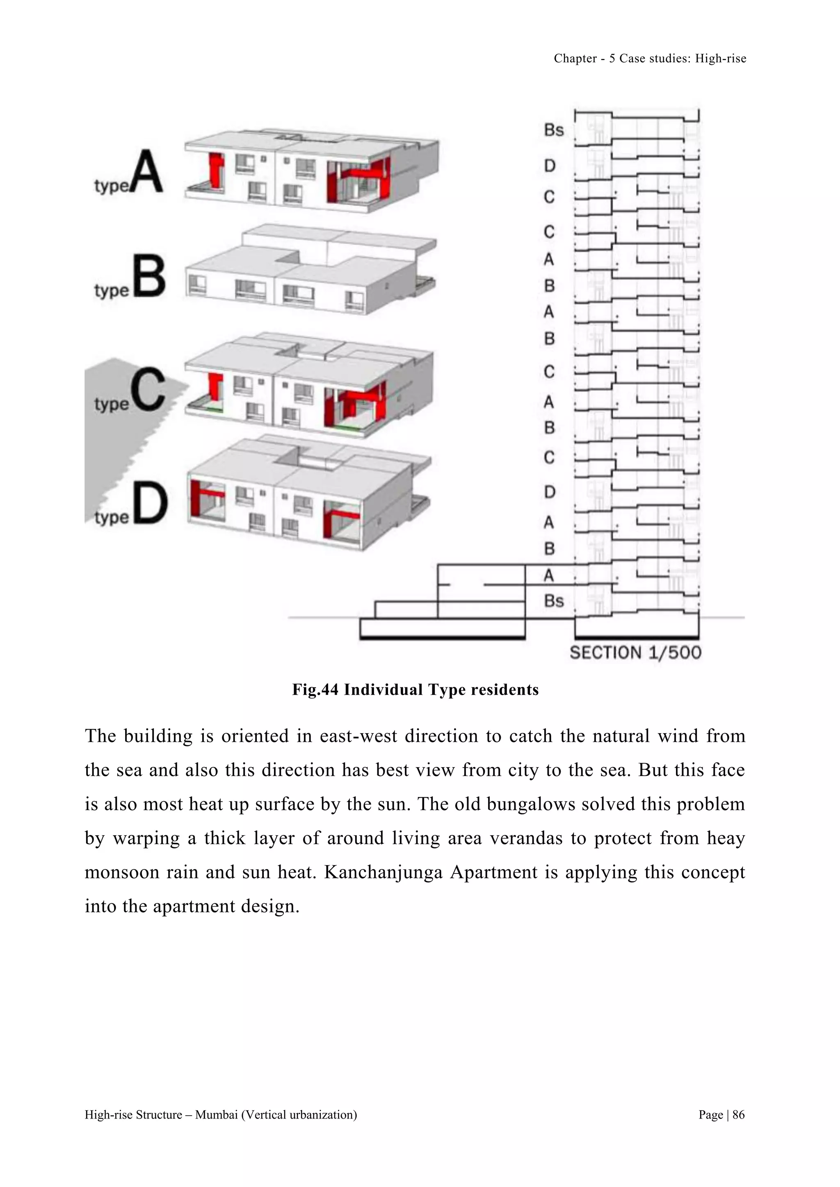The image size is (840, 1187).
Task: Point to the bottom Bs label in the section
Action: coord(553,601)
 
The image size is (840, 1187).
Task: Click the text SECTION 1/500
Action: coord(635,653)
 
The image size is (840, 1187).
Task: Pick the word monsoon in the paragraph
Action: coord(121,872)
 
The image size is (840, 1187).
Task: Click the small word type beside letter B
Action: coord(112,291)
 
